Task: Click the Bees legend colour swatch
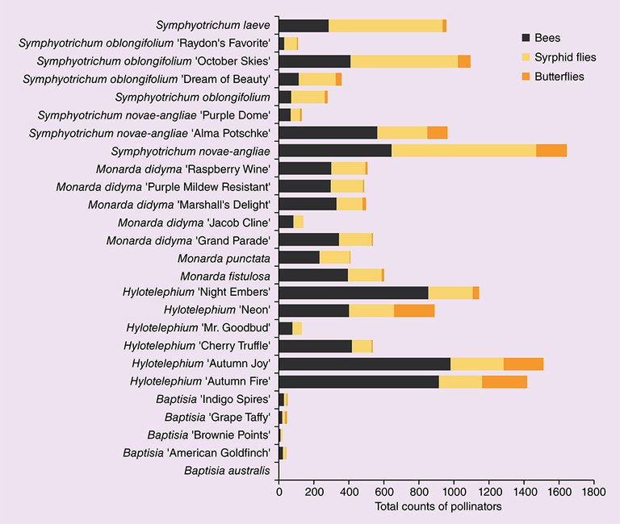(526, 38)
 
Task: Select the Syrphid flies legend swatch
(526, 57)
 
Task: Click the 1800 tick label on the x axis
(593, 490)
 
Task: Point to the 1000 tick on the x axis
(454, 490)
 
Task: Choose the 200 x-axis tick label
(313, 490)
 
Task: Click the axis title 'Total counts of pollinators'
(438, 507)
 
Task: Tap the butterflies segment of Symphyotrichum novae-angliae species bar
(551, 150)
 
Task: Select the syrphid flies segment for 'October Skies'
(404, 61)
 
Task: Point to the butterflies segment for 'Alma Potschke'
(438, 132)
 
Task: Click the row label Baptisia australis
(227, 470)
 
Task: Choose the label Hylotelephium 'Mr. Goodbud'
(199, 328)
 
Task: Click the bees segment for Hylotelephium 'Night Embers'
(353, 293)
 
